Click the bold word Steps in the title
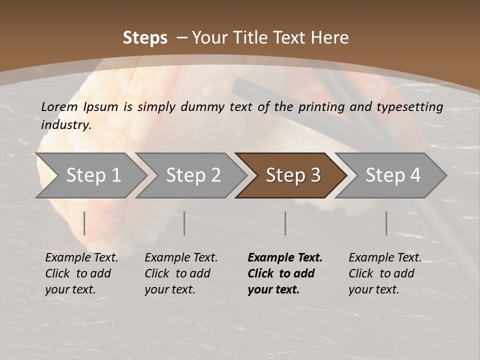pyautogui.click(x=145, y=38)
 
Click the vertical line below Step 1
pyautogui.click(x=84, y=223)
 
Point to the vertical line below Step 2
pyautogui.click(x=184, y=223)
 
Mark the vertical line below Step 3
pyautogui.click(x=285, y=223)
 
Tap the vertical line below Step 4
pyautogui.click(x=386, y=223)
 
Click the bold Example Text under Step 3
pyautogui.click(x=285, y=258)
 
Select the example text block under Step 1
pyautogui.click(x=81, y=273)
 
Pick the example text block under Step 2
pyautogui.click(x=181, y=273)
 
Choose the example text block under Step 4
pyautogui.click(x=385, y=273)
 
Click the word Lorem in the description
pyautogui.click(x=59, y=106)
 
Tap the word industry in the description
pyautogui.click(x=65, y=125)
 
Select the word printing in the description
pyautogui.click(x=321, y=107)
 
